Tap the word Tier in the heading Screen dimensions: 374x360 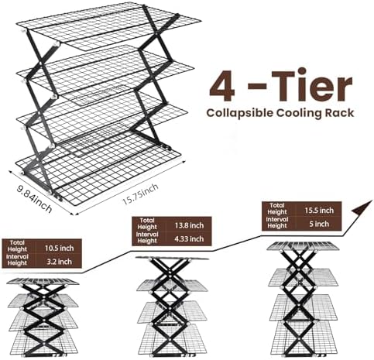click(x=311, y=84)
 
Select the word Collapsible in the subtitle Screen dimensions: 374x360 click(x=239, y=113)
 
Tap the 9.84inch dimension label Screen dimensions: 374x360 click(x=34, y=199)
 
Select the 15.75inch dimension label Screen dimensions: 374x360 click(x=139, y=194)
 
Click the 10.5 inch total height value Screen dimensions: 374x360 click(x=59, y=249)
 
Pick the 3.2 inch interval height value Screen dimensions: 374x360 click(x=59, y=262)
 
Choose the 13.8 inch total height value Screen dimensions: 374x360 click(x=189, y=225)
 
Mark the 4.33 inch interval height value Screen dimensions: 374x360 click(x=189, y=239)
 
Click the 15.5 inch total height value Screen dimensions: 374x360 click(x=319, y=211)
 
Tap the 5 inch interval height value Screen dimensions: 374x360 click(x=319, y=224)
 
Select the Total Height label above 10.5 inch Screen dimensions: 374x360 click(x=17, y=246)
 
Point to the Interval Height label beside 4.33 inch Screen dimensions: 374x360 click(x=147, y=238)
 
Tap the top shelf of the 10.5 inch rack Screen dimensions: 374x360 click(x=43, y=281)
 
